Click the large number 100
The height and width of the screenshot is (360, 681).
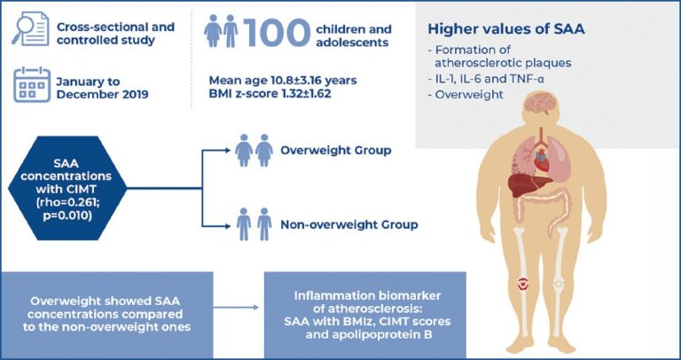tap(282, 33)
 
